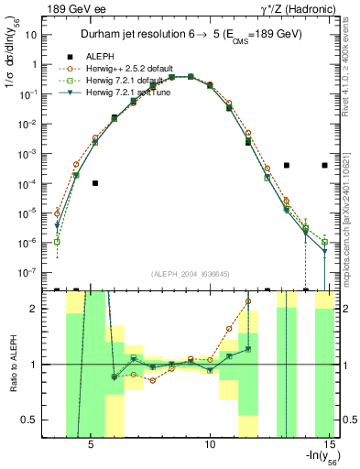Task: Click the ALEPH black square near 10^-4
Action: coord(95,183)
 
